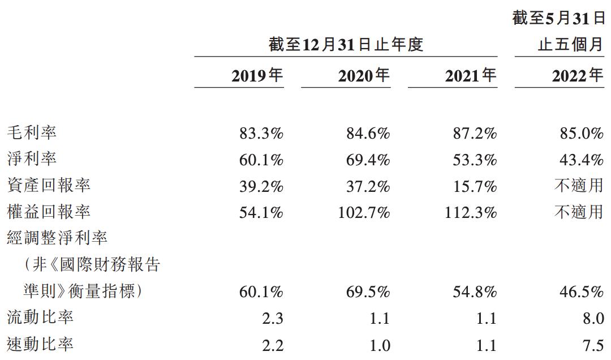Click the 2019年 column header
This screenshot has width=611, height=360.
[257, 75]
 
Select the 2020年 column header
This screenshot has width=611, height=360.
[364, 75]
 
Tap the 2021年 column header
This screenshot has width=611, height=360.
[471, 75]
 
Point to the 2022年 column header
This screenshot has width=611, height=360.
[578, 75]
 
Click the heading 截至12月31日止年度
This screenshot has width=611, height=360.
[346, 45]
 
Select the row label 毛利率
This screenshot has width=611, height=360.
[32, 132]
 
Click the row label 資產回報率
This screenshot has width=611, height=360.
[49, 185]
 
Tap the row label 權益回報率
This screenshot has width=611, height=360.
[49, 212]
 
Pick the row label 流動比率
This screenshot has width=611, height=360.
[40, 317]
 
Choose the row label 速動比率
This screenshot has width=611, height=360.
[40, 344]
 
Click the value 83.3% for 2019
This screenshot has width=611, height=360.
[261, 134]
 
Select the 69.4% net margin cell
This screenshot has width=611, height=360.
[368, 160]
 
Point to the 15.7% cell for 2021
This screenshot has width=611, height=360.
[475, 186]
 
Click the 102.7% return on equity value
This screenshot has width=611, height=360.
[364, 213]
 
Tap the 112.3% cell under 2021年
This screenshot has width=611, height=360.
[471, 213]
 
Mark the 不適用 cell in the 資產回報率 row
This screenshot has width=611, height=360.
[579, 185]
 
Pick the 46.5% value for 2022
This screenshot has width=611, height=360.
[582, 292]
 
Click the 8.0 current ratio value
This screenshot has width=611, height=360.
[593, 318]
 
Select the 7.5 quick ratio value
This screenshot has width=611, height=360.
[593, 345]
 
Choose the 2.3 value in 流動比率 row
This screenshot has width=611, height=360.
[272, 318]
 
